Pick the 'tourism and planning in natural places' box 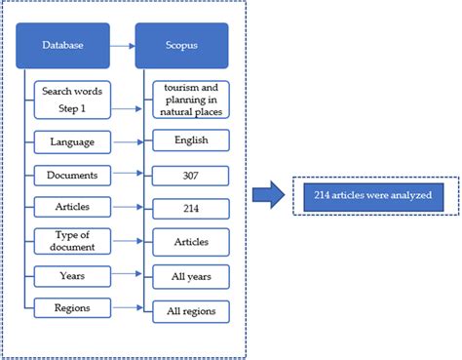[x=191, y=100]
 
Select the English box [x=191, y=141]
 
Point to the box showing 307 [x=191, y=177]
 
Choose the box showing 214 [x=191, y=208]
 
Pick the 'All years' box [x=191, y=278]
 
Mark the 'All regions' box [x=191, y=311]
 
